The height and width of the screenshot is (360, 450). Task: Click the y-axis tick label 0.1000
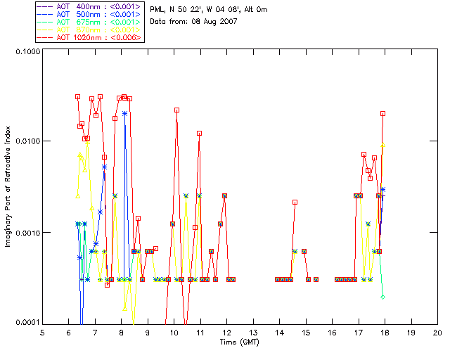(x=26, y=52)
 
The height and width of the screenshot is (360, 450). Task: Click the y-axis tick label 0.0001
(x=26, y=323)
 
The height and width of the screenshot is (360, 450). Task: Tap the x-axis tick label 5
(x=42, y=333)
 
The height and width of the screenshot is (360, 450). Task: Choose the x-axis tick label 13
(x=253, y=333)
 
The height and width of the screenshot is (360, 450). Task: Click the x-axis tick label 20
(x=437, y=333)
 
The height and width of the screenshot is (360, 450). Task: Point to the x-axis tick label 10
(x=174, y=333)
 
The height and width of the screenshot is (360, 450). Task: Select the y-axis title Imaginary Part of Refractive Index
(x=9, y=186)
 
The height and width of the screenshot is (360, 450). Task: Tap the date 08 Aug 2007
(x=219, y=22)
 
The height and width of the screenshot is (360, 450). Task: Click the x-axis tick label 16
(x=332, y=333)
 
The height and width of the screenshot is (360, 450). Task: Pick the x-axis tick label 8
(x=121, y=333)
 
